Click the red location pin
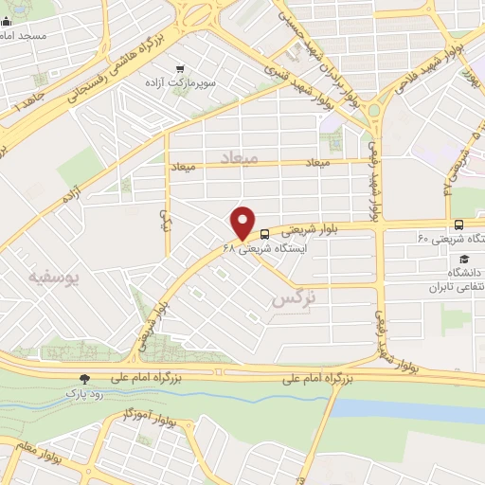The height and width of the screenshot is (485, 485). (x=243, y=222)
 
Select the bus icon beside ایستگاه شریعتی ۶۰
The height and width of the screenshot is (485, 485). (x=458, y=225)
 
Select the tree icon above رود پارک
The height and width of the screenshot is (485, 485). (x=86, y=378)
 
